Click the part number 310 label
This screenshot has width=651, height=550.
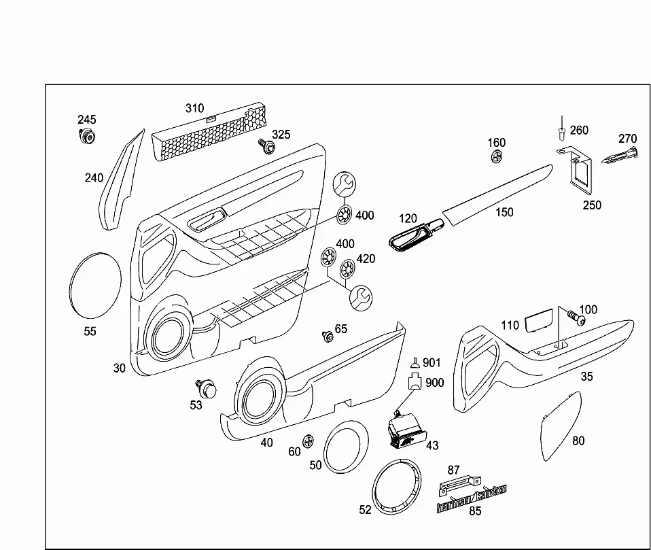click(x=195, y=108)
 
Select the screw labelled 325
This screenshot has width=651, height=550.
click(x=266, y=145)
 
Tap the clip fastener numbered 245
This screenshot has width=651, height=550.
click(x=87, y=136)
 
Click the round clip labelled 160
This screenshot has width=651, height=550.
click(x=497, y=157)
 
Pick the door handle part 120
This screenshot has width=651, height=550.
click(x=416, y=236)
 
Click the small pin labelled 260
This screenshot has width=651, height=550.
click(x=562, y=128)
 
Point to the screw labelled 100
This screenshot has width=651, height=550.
click(x=576, y=317)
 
